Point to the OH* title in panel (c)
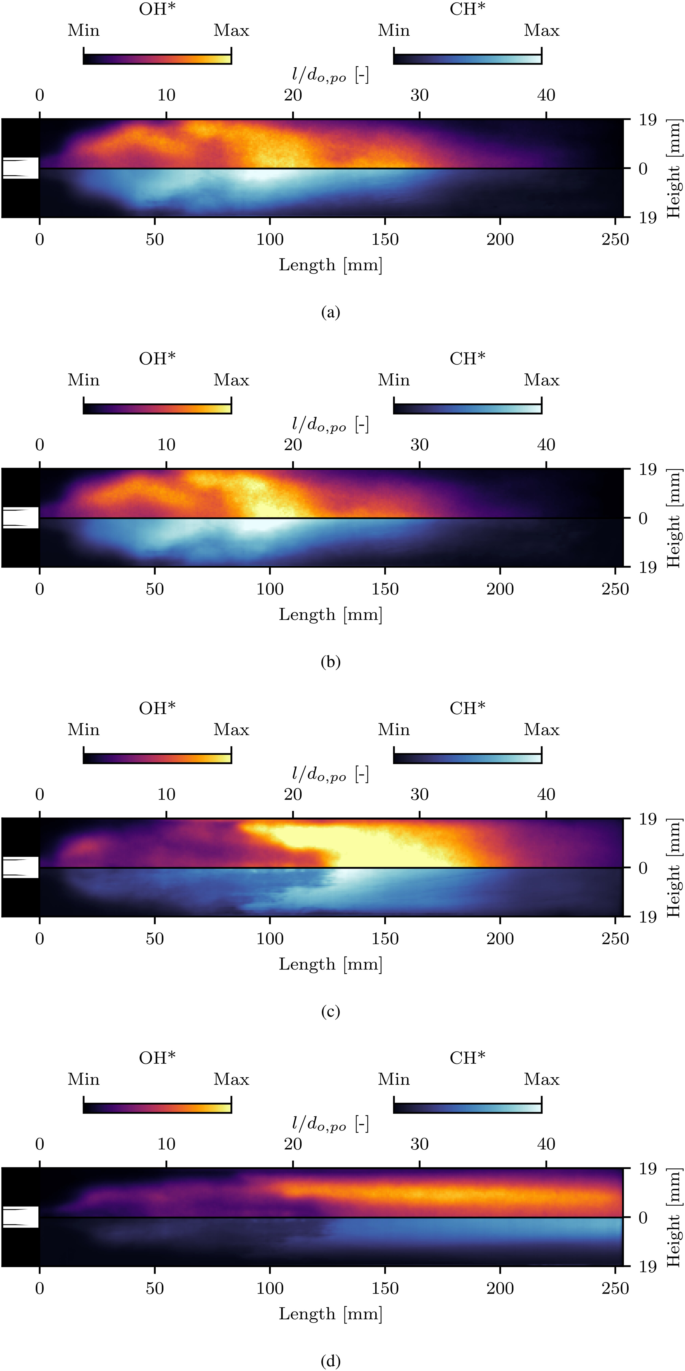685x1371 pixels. click(x=158, y=708)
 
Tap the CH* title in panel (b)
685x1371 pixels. click(x=467, y=359)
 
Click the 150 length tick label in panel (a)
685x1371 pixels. click(x=385, y=239)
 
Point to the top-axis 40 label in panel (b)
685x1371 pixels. click(x=546, y=445)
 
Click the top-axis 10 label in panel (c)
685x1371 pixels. click(x=167, y=795)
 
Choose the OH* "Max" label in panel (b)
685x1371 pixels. click(x=231, y=380)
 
